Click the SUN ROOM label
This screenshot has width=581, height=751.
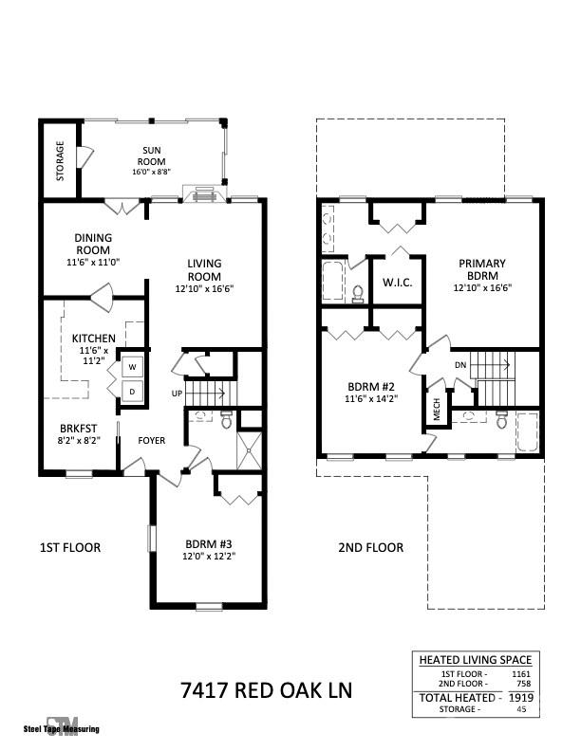point(152,156)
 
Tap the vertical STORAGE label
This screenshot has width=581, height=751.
point(60,161)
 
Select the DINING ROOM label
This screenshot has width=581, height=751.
point(93,244)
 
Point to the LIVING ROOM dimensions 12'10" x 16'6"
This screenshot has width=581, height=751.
point(204,288)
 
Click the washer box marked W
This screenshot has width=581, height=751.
point(132,366)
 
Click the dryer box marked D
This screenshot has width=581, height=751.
point(132,391)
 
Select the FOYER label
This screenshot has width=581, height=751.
point(153,440)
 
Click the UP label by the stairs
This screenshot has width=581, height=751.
point(177,393)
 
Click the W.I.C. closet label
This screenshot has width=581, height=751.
point(396,282)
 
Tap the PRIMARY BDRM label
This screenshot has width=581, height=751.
point(482,269)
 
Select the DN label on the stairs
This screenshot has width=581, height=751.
point(460,364)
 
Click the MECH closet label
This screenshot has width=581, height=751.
point(438,410)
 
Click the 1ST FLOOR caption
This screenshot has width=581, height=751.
point(69,547)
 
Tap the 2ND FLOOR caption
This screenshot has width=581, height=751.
point(371,547)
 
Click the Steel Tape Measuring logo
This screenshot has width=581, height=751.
point(61,725)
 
